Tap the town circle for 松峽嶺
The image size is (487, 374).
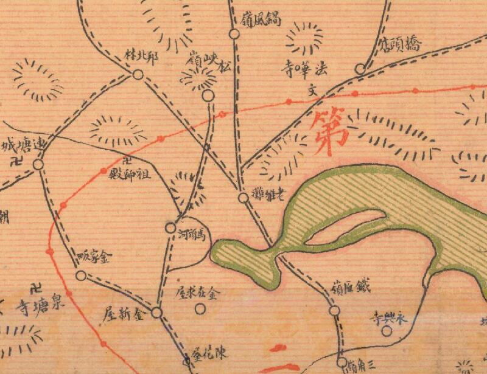click(208, 95)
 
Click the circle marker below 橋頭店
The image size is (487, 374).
click(360, 69)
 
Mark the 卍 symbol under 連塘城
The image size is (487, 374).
click(18, 162)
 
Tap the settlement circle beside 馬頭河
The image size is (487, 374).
click(170, 228)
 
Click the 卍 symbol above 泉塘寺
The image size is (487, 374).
click(37, 288)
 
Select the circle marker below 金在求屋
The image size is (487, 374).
click(200, 308)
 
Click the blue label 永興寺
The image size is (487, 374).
click(387, 317)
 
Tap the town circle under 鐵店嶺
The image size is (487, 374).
click(334, 311)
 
